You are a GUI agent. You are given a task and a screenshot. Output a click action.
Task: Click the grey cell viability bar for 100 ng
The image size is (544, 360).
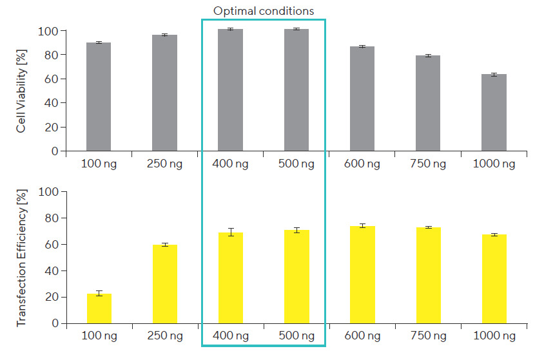click(x=99, y=97)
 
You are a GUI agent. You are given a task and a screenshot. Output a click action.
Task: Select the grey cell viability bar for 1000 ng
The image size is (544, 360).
click(x=494, y=113)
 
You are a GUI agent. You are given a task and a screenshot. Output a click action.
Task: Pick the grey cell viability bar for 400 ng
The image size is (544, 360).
click(x=230, y=90)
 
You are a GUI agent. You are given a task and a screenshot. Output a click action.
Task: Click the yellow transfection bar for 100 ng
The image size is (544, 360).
click(x=99, y=308)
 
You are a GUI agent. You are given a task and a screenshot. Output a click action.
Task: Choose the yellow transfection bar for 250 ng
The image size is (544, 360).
click(x=165, y=284)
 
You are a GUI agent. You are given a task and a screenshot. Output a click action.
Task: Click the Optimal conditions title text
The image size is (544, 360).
click(x=264, y=11)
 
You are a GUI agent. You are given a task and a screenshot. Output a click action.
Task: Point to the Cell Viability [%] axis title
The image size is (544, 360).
click(x=21, y=91)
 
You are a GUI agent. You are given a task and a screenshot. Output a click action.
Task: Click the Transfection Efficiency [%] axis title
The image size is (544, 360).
click(x=21, y=258)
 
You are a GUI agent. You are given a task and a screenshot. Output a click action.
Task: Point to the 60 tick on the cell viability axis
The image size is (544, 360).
click(x=52, y=80)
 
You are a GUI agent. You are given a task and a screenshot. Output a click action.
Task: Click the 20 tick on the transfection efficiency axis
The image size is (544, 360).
click(x=52, y=297)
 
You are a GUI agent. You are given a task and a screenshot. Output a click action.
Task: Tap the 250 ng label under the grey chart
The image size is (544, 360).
click(x=164, y=164)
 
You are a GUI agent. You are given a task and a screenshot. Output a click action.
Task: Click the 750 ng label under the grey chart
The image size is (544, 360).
click(x=429, y=164)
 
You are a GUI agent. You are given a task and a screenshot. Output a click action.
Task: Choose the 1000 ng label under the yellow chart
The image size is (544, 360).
click(x=494, y=336)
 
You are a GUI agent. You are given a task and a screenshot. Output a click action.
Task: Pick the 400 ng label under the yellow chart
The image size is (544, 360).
click(x=230, y=336)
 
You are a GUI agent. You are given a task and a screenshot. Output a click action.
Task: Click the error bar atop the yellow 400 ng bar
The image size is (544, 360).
click(x=230, y=232)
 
